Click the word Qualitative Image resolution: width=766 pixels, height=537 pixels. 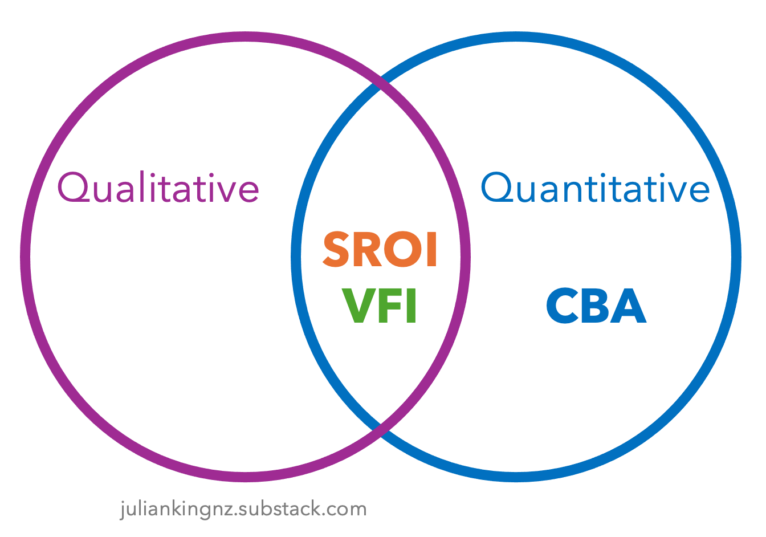pos(158,188)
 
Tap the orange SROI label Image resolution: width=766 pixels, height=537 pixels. pos(380,250)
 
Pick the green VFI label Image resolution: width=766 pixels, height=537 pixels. pos(380,306)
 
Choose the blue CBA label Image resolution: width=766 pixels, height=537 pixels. pos(596,306)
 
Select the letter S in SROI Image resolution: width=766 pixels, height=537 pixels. pos(336,250)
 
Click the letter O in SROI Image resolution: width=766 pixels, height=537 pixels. pos(402,250)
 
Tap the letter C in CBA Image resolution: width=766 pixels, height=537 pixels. pos(563,306)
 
